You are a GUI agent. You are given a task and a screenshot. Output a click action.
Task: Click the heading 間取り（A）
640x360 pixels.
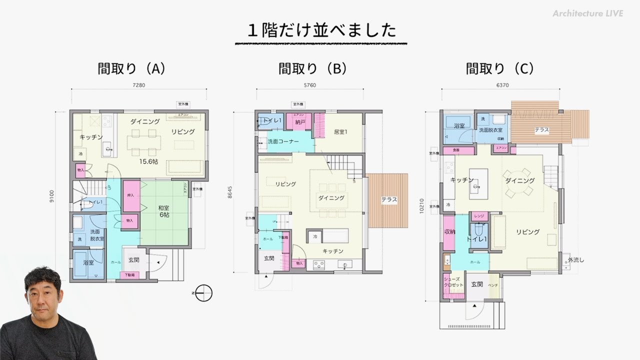click(x=131, y=69)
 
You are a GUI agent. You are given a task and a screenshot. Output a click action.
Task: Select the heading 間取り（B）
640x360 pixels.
click(x=312, y=69)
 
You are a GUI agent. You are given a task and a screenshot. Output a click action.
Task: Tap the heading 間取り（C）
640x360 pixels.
click(x=500, y=69)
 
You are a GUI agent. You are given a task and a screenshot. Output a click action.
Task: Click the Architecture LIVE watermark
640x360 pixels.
click(x=588, y=13)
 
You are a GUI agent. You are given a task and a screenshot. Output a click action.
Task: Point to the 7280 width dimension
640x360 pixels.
click(x=138, y=85)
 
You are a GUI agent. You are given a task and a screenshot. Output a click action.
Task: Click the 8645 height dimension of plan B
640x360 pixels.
click(x=229, y=192)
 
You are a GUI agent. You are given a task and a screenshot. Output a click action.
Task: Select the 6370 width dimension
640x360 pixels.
click(x=502, y=85)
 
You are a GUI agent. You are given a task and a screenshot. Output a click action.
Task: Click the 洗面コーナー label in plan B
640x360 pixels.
click(x=283, y=141)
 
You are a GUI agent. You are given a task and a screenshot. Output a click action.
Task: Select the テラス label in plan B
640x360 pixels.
click(x=389, y=199)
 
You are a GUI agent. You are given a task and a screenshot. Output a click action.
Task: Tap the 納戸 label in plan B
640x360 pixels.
click(x=300, y=121)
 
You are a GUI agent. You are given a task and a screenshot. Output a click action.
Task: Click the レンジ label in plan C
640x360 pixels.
click(x=478, y=216)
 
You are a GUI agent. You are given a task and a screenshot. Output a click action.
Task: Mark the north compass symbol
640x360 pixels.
click(x=203, y=293)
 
